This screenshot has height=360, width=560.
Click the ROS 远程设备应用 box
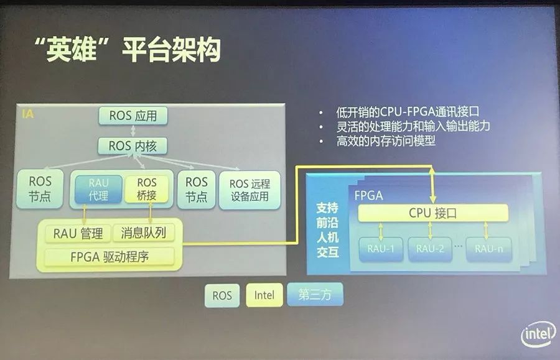coord(249,190)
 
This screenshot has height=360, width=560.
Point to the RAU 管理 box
coord(77,233)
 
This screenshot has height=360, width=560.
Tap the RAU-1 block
coord(381,249)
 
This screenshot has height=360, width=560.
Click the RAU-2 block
coord(430,249)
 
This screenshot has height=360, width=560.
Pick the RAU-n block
coord(488,249)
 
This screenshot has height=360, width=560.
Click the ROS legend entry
coord(222,295)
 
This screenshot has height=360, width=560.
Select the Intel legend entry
coord(264,295)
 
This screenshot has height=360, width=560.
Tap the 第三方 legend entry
coord(314,295)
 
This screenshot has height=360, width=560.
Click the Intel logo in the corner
coord(538,336)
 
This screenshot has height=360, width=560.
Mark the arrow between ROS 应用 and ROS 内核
coord(133,131)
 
